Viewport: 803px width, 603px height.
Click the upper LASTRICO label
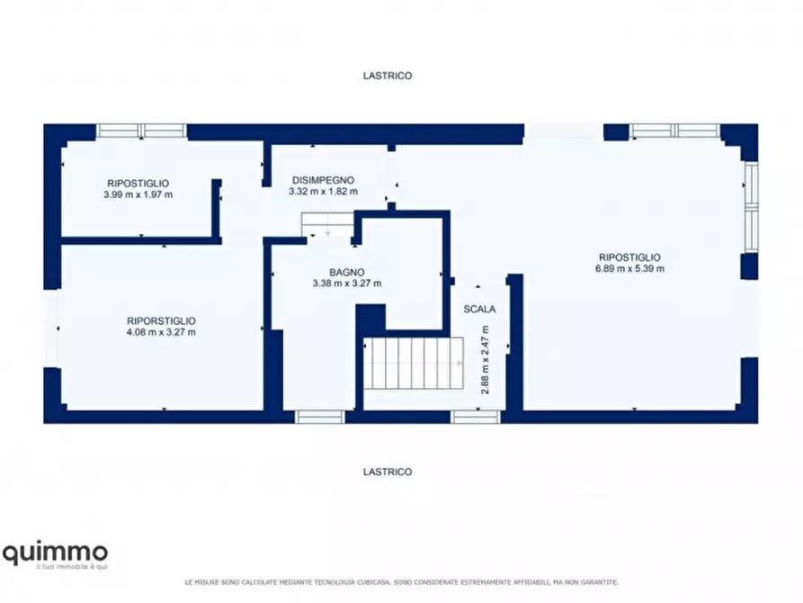[388, 76]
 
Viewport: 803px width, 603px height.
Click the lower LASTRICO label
[388, 472]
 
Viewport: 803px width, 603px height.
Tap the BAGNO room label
[347, 273]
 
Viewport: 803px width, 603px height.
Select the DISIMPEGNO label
[323, 180]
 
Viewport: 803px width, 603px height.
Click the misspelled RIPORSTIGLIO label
[161, 321]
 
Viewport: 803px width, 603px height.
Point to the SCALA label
[479, 310]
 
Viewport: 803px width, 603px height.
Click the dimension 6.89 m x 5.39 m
[630, 268]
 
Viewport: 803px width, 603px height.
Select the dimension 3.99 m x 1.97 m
[138, 194]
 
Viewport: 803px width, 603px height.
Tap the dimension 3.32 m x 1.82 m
[323, 192]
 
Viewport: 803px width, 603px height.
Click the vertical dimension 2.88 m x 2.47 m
[485, 360]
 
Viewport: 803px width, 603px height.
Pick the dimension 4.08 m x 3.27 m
[161, 332]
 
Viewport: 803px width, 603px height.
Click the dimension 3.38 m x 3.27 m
[347, 283]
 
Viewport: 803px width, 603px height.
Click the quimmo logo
[56, 556]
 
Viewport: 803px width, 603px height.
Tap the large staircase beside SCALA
[414, 363]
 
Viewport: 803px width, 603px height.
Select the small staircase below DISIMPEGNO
[327, 225]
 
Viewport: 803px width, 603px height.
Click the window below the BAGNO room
[320, 417]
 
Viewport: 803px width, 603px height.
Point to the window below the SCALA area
[476, 417]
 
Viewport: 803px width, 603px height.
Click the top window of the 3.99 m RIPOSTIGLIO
[141, 130]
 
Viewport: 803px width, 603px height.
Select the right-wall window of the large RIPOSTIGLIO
[751, 207]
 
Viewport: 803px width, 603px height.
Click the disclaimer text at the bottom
[401, 582]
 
